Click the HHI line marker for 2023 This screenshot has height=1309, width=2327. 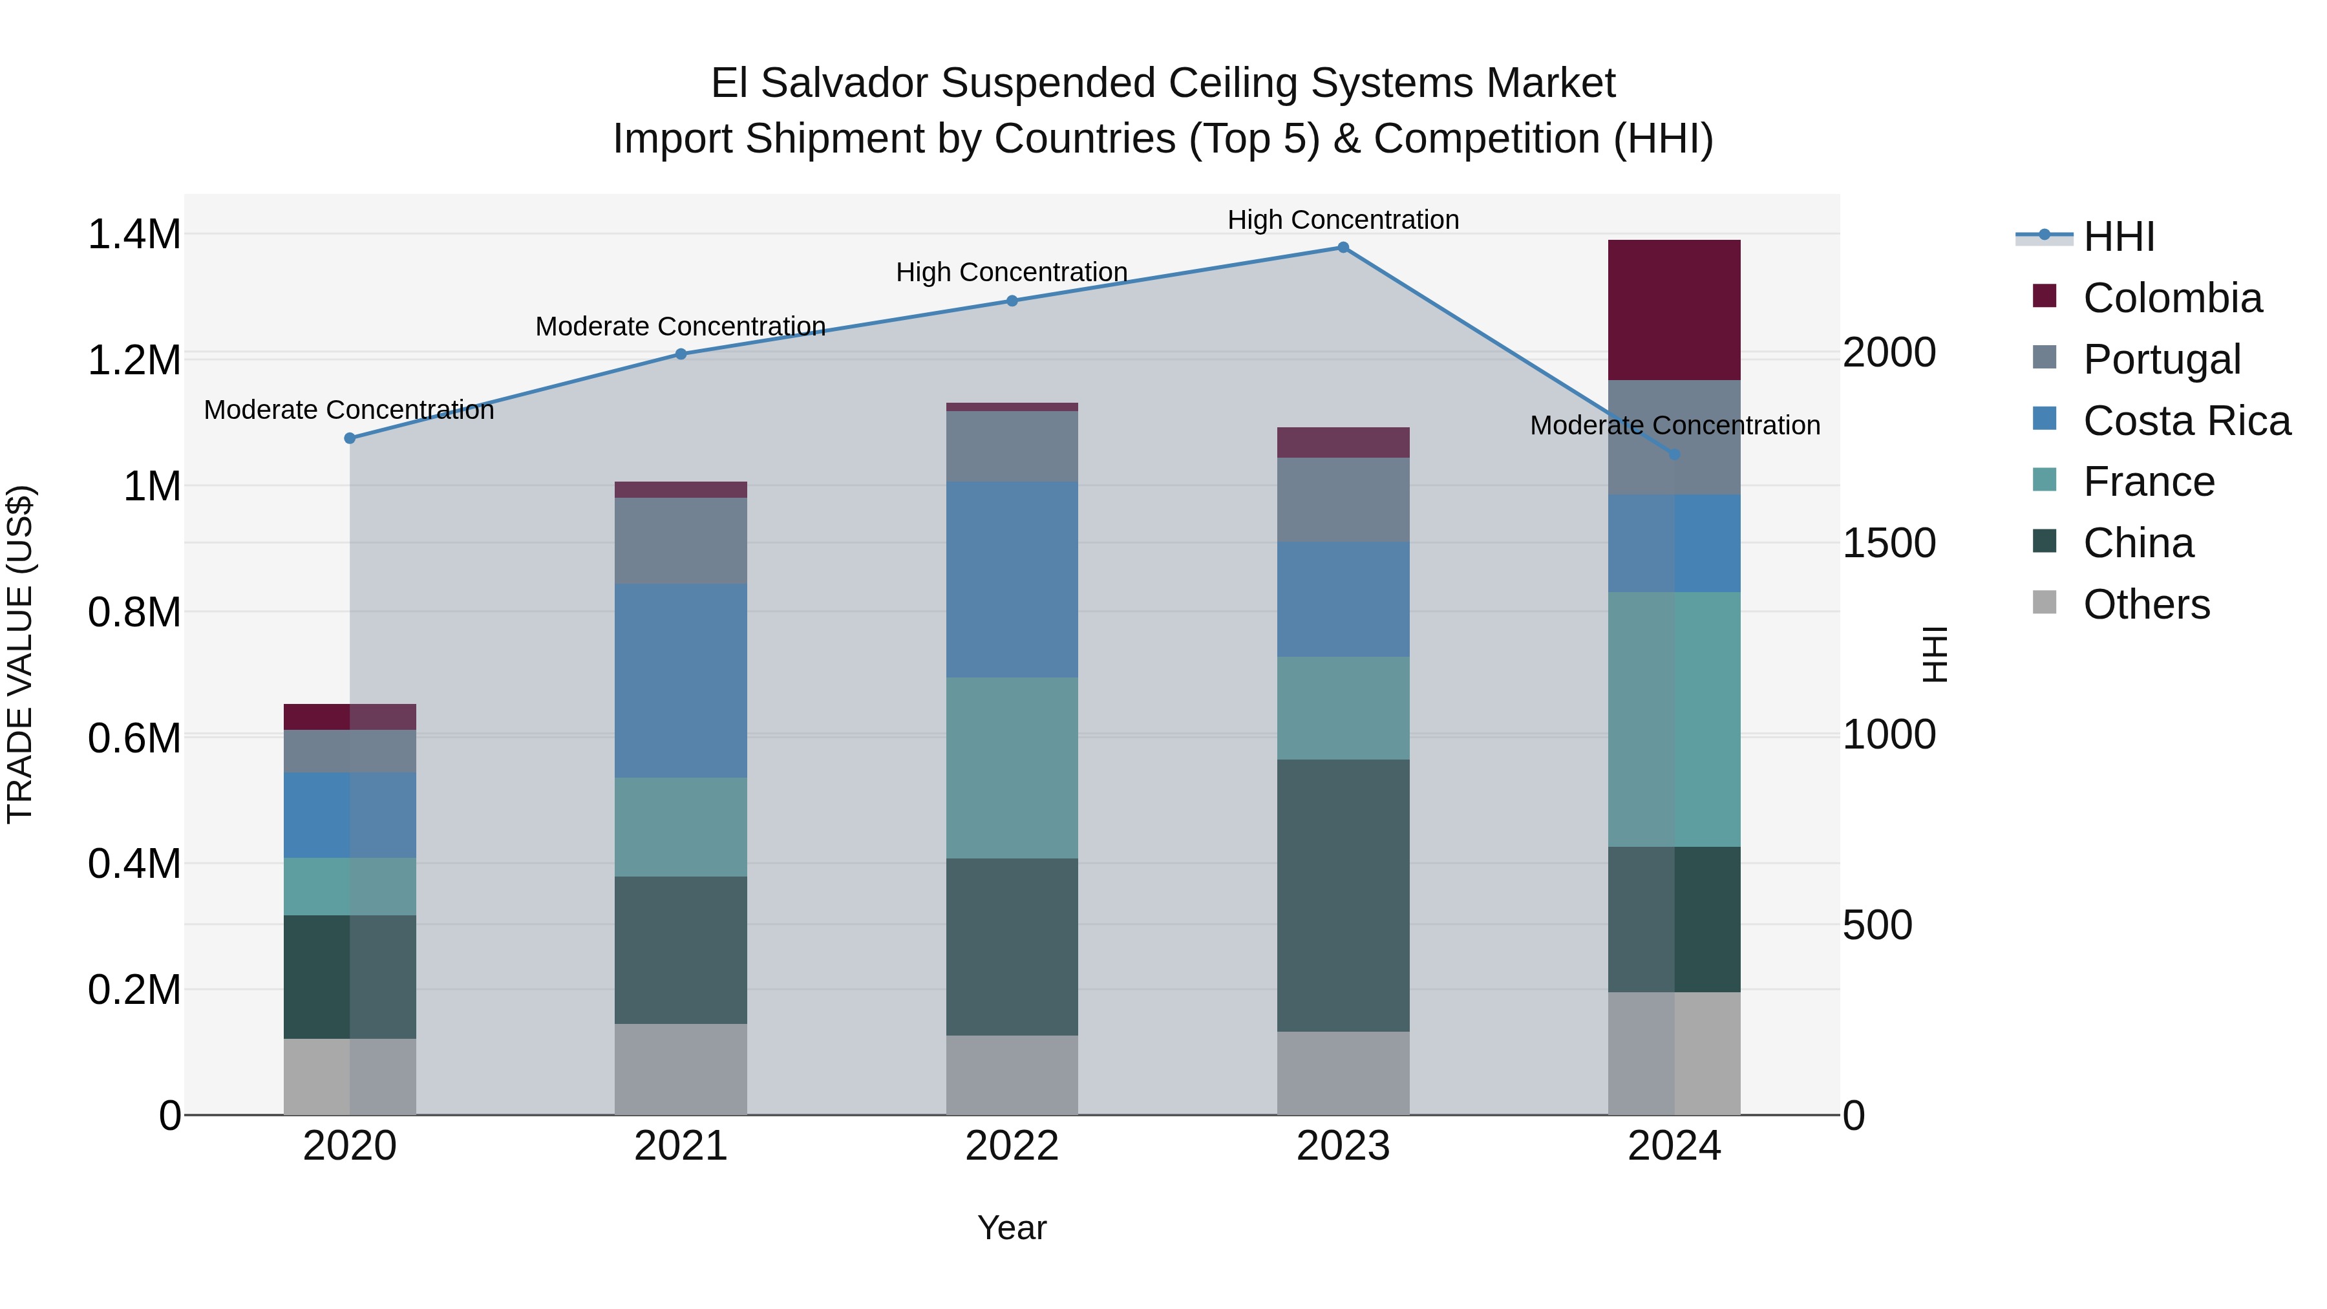[1343, 248]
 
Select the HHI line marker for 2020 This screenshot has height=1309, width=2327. [350, 438]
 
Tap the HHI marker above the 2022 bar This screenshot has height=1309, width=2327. [1012, 301]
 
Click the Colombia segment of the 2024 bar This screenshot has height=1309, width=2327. [1674, 310]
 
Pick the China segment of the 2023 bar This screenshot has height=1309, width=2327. [1343, 895]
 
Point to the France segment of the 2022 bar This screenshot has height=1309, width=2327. [1012, 768]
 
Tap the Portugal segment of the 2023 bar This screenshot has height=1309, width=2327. [1343, 500]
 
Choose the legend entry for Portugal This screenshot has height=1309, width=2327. [2162, 359]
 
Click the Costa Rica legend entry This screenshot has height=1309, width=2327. [2186, 421]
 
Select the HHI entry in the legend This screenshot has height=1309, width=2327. [2118, 237]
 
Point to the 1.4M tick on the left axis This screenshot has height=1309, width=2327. [134, 235]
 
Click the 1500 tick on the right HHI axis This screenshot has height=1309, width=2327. [1889, 543]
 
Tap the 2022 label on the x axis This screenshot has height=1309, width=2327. [1012, 1146]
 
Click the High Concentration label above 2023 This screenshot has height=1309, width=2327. [1343, 220]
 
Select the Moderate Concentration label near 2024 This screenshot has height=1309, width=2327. [1674, 425]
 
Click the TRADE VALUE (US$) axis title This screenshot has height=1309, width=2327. [21, 654]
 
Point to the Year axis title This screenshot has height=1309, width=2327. [1012, 1228]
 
